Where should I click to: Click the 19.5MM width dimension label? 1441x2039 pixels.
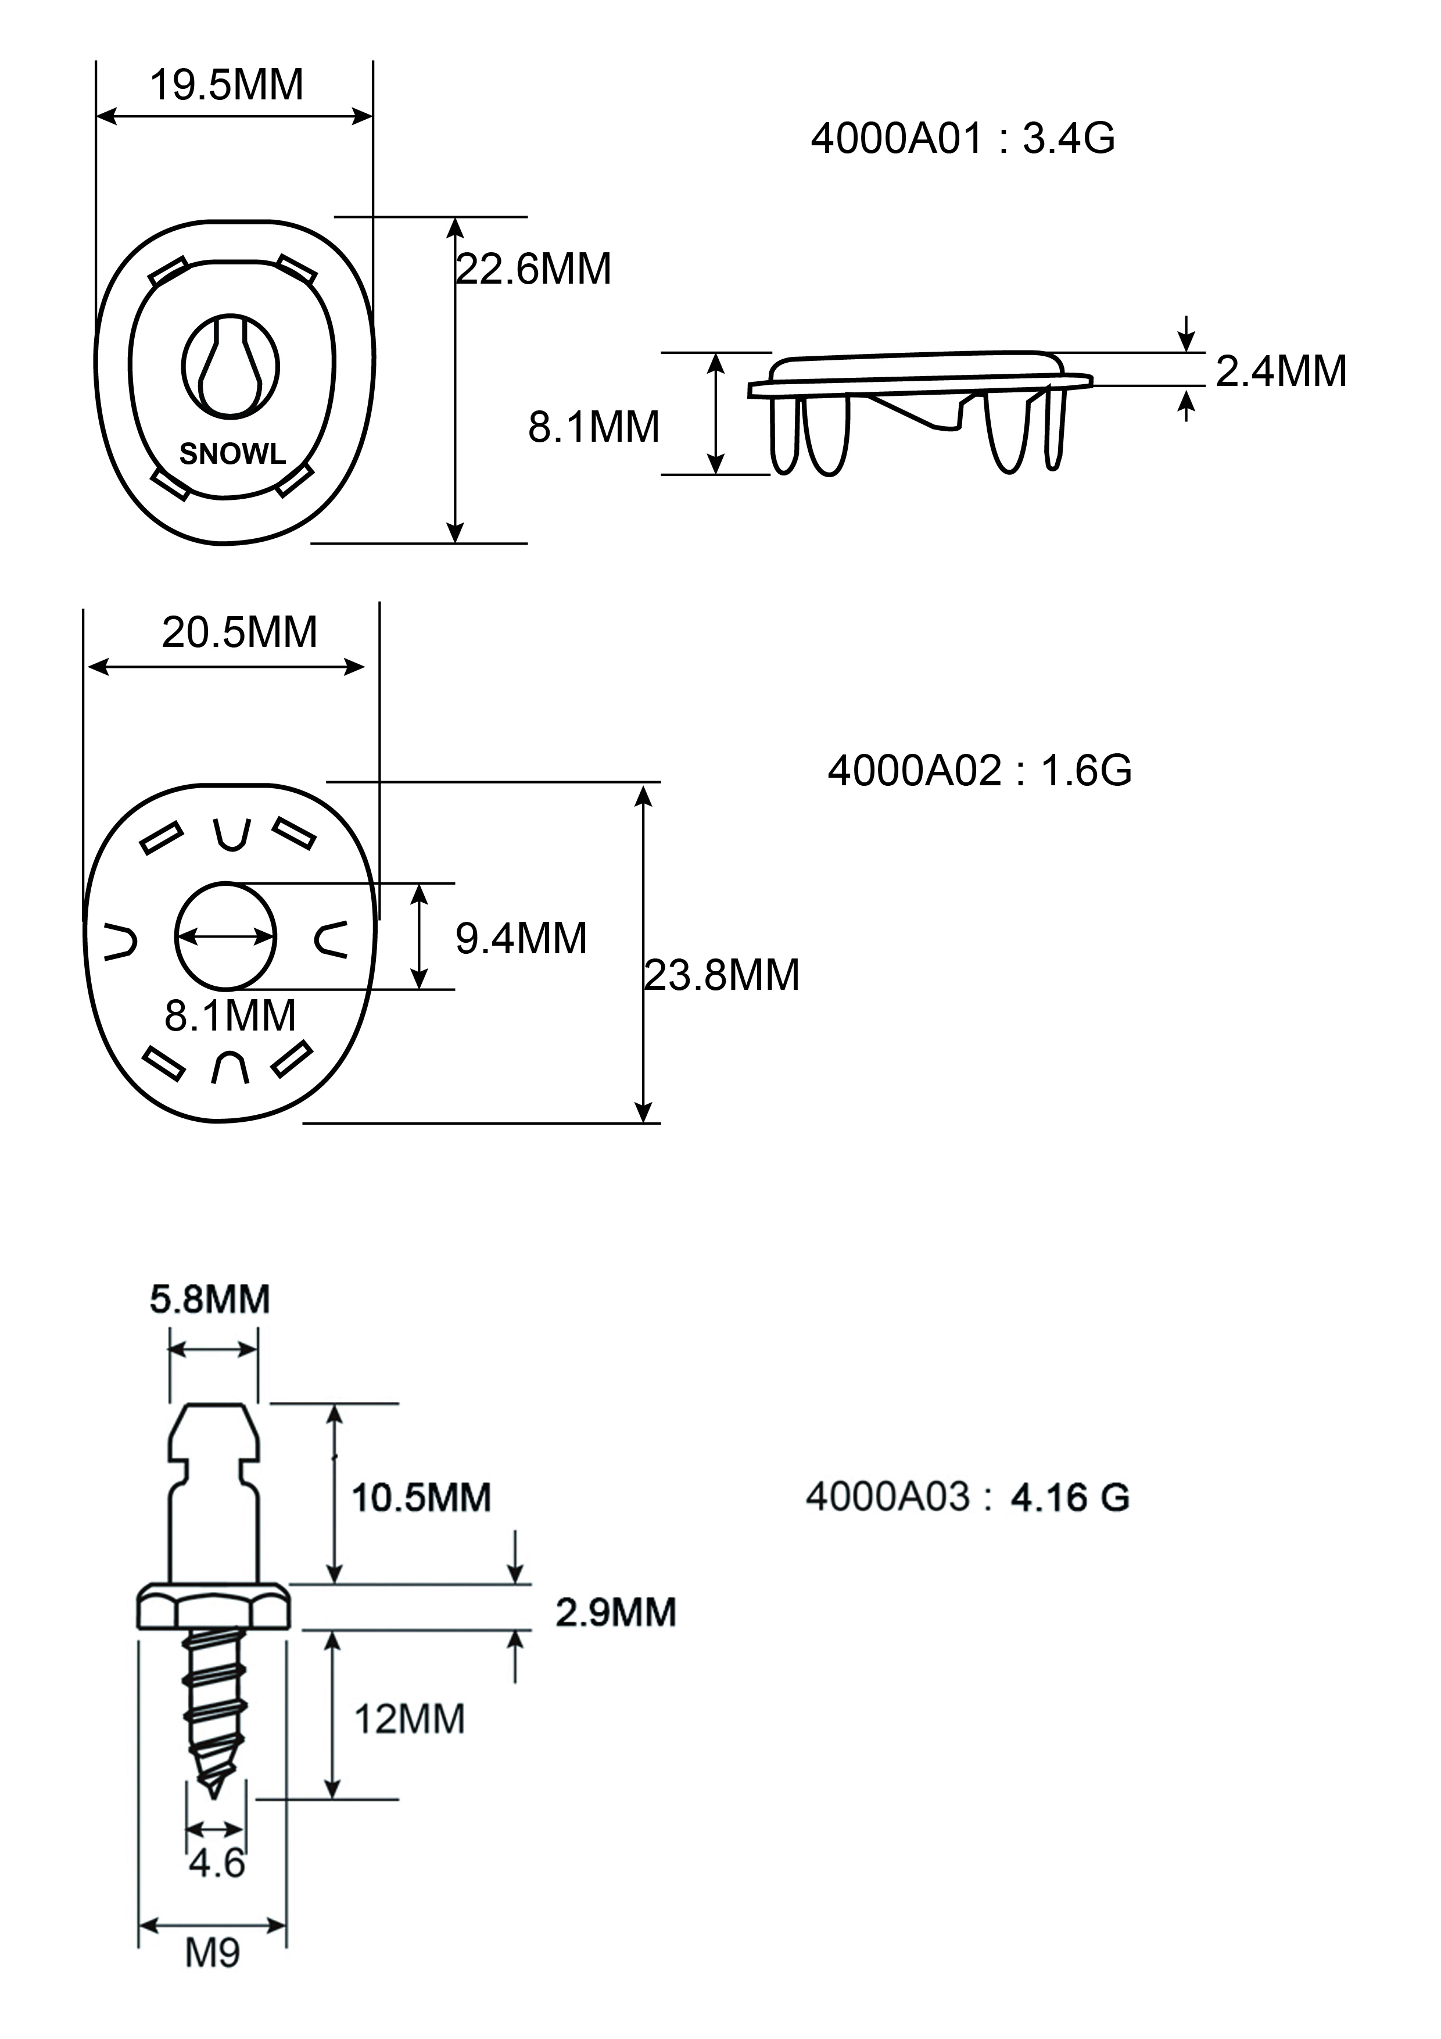tap(227, 86)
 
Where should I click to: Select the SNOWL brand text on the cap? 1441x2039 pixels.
tap(232, 455)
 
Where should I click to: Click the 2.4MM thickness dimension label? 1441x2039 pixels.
tap(1280, 371)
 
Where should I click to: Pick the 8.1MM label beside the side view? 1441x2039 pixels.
tap(594, 427)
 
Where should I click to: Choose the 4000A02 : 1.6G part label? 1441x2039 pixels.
tap(979, 771)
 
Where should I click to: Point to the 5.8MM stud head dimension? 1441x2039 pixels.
tap(210, 1299)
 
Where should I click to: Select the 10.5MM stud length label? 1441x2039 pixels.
tap(421, 1497)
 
